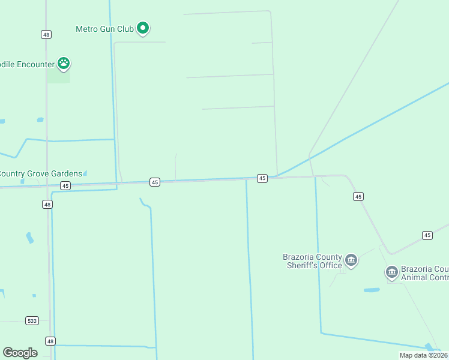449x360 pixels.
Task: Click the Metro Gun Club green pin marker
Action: pyautogui.click(x=143, y=28)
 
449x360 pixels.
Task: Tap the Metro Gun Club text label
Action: pyautogui.click(x=104, y=29)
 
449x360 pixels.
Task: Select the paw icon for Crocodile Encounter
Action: pyautogui.click(x=64, y=63)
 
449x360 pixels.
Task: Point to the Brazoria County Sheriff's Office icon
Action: pyautogui.click(x=351, y=260)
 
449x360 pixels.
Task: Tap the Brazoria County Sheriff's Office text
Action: pyautogui.click(x=313, y=261)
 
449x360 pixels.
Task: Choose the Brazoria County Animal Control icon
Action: pyautogui.click(x=391, y=273)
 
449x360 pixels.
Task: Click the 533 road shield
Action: pyautogui.click(x=32, y=321)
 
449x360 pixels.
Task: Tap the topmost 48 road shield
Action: pyautogui.click(x=46, y=34)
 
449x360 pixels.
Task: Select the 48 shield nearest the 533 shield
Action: pyautogui.click(x=50, y=341)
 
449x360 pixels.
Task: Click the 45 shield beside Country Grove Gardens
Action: pyautogui.click(x=65, y=186)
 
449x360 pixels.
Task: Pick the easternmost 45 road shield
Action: pyautogui.click(x=427, y=235)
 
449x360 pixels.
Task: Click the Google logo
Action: pyautogui.click(x=20, y=353)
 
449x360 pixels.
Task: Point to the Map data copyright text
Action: pyautogui.click(x=424, y=355)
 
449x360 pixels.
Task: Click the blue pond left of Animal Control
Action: pyautogui.click(x=372, y=290)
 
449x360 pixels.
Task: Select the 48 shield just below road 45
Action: pyautogui.click(x=47, y=205)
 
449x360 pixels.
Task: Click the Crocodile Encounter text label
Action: pyautogui.click(x=27, y=64)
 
